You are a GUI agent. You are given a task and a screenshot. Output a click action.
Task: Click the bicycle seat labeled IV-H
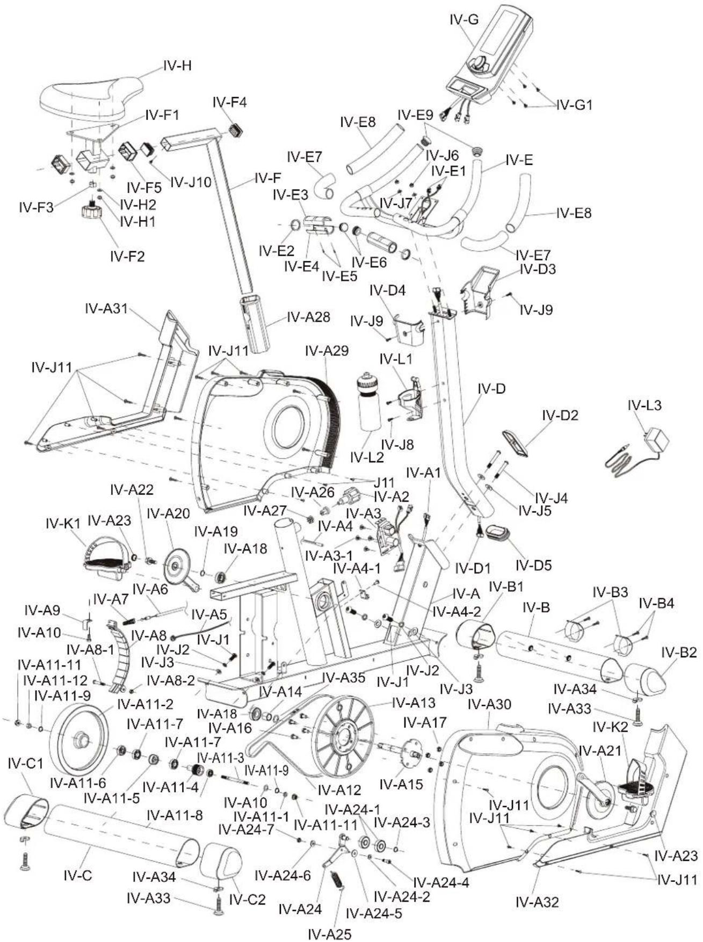[91, 94]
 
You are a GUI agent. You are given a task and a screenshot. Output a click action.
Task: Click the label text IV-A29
[327, 351]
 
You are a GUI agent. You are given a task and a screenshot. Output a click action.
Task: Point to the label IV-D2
[560, 415]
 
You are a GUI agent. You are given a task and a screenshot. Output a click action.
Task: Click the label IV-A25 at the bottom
[329, 934]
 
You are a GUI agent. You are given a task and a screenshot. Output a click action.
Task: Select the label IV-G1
[574, 105]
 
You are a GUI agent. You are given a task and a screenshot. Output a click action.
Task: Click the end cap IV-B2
[646, 679]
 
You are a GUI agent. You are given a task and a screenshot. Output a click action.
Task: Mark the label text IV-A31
[106, 308]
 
